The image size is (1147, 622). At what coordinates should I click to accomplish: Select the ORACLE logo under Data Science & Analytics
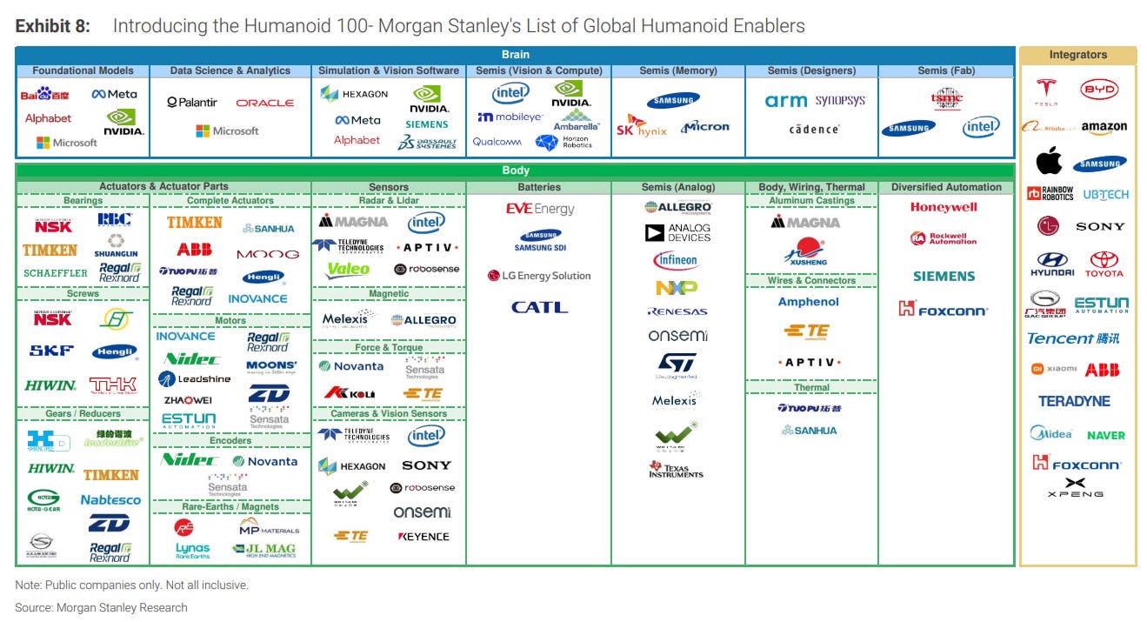[x=265, y=103]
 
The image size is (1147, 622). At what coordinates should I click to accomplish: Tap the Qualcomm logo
[x=497, y=142]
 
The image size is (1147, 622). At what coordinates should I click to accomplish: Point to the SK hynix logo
[x=641, y=128]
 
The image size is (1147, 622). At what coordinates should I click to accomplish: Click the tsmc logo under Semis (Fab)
[x=946, y=99]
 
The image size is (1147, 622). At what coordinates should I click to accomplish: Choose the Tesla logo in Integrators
[x=1046, y=90]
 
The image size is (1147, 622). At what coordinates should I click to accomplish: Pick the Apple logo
[x=1049, y=161]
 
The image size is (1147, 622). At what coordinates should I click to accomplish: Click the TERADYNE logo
[x=1074, y=401]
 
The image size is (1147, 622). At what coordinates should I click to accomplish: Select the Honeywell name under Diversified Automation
[x=944, y=207]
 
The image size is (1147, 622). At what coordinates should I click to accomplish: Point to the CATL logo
[x=539, y=307]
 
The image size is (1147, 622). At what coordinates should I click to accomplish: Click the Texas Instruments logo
[x=676, y=469]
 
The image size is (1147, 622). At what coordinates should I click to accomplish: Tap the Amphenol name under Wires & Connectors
[x=809, y=302]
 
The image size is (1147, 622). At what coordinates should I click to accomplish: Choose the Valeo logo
[x=348, y=270]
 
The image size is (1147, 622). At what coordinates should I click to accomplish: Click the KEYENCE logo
[x=423, y=537]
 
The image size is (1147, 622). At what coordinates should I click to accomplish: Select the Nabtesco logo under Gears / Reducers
[x=110, y=500]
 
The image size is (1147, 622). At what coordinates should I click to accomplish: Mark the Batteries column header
[x=539, y=187]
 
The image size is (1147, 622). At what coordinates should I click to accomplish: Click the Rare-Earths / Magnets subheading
[x=230, y=506]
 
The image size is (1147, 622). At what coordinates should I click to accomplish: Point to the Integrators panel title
[x=1077, y=55]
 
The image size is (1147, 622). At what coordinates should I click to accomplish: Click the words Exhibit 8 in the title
[x=52, y=26]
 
